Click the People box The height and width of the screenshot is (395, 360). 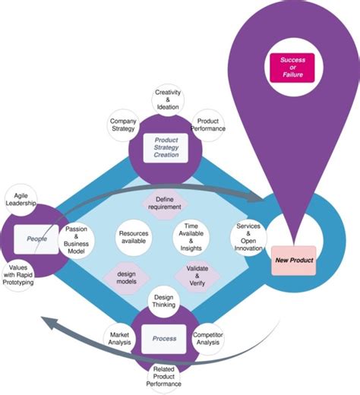tap(37, 238)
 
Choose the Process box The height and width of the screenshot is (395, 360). tap(165, 338)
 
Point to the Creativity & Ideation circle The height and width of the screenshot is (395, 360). tap(168, 100)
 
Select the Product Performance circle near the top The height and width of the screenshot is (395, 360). tap(209, 125)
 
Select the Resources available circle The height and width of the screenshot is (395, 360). tap(134, 236)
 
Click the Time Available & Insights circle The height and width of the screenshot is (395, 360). tap(191, 236)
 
